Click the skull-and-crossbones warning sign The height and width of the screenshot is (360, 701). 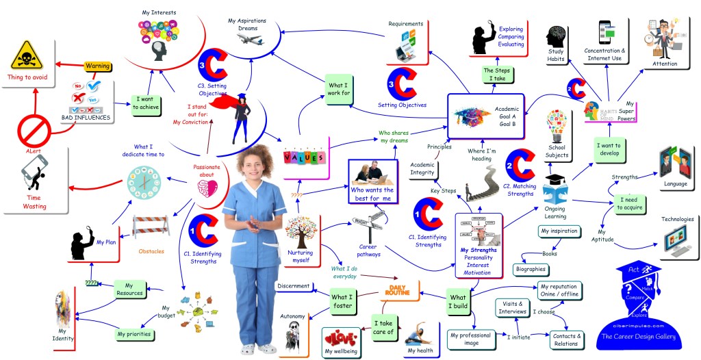point(26,55)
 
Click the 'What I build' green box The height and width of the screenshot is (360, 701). point(458,302)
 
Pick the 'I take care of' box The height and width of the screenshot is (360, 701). point(383,327)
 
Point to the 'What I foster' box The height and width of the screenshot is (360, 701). point(342,302)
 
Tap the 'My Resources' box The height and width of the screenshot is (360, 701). point(129,289)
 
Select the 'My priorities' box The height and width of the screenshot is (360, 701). point(133,335)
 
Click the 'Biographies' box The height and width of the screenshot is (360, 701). point(530,269)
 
